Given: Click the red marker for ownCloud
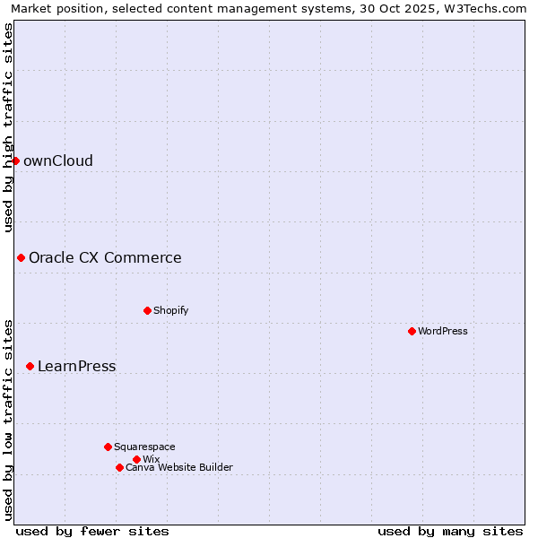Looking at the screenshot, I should tap(15, 161).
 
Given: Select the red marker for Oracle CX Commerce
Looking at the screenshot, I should tap(21, 257).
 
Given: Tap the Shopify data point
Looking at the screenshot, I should tap(147, 310).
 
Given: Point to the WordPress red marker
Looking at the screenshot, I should tap(412, 331).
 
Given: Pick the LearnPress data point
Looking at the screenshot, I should tap(30, 366).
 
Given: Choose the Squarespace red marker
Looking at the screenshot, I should tap(108, 447).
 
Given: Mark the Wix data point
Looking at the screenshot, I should tap(136, 459).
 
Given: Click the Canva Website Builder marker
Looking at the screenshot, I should tap(119, 467).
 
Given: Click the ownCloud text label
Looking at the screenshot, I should tap(58, 161).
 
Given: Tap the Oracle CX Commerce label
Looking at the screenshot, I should tap(105, 257).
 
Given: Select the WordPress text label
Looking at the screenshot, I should tap(443, 331).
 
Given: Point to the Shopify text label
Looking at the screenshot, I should tap(171, 310).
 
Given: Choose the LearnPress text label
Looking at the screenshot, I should tap(77, 366).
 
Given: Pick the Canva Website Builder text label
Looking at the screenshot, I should tap(179, 467).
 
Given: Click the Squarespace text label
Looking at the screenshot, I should tap(145, 447).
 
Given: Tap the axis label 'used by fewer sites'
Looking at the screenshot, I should tap(92, 531).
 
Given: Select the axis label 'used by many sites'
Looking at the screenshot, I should tap(450, 531).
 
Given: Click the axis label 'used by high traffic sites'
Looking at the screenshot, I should tap(8, 126).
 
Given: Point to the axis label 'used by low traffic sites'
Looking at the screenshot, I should tap(8, 420).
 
